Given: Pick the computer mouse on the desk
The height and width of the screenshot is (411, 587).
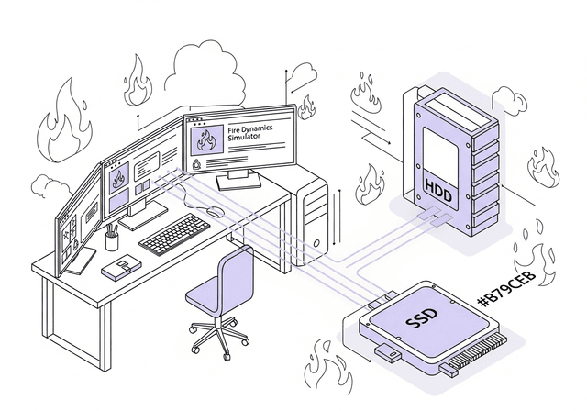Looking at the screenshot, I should [x=216, y=211].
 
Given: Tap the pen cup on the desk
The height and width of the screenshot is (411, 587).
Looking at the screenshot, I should [x=112, y=240].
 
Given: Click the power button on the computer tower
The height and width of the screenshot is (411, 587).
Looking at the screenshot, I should [x=316, y=245].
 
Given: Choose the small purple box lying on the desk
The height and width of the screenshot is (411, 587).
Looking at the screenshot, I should [x=121, y=268].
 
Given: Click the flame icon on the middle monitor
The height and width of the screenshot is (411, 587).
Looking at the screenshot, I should [x=118, y=179].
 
